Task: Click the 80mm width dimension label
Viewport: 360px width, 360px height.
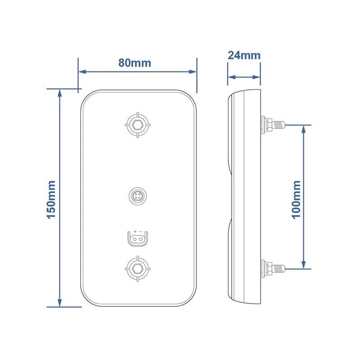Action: click(135, 63)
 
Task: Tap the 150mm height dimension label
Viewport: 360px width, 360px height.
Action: click(51, 199)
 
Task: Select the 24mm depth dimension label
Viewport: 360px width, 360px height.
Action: click(244, 55)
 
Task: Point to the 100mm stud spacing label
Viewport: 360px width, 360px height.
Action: click(296, 199)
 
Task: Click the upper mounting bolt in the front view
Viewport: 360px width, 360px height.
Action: click(138, 125)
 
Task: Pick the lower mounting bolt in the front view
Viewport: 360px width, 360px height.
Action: click(138, 269)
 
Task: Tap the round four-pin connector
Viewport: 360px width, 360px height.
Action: click(138, 196)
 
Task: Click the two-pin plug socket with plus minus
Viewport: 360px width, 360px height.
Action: click(138, 239)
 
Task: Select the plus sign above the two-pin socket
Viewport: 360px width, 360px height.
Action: click(135, 232)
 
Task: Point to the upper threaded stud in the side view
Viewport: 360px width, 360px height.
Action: click(273, 125)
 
